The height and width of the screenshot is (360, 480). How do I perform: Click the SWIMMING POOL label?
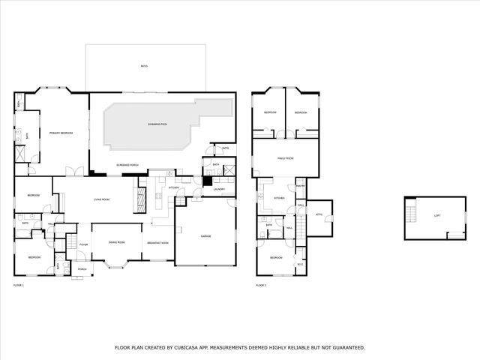tap(157, 124)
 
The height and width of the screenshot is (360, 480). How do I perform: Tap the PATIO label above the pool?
tap(144, 67)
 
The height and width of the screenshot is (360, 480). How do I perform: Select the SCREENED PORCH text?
tap(127, 164)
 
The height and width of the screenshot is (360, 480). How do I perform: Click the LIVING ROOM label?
tap(102, 199)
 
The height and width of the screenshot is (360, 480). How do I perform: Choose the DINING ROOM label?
tap(116, 242)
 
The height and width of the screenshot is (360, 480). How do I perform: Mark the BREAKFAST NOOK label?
tap(157, 242)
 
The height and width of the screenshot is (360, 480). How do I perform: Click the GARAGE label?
tap(205, 236)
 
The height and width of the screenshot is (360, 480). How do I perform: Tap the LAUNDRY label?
tap(219, 189)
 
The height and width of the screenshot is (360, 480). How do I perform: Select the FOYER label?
tap(84, 244)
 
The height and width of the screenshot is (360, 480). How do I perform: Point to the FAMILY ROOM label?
tap(285, 159)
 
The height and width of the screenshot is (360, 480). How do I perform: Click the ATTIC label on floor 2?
tap(319, 214)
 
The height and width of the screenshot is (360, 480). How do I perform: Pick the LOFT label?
tap(437, 216)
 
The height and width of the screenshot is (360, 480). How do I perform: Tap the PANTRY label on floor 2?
tap(300, 186)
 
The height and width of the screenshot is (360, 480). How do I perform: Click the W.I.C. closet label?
tap(300, 263)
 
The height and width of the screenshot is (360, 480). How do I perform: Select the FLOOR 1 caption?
tap(19, 286)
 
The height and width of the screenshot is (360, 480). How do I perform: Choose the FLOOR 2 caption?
tap(261, 286)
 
